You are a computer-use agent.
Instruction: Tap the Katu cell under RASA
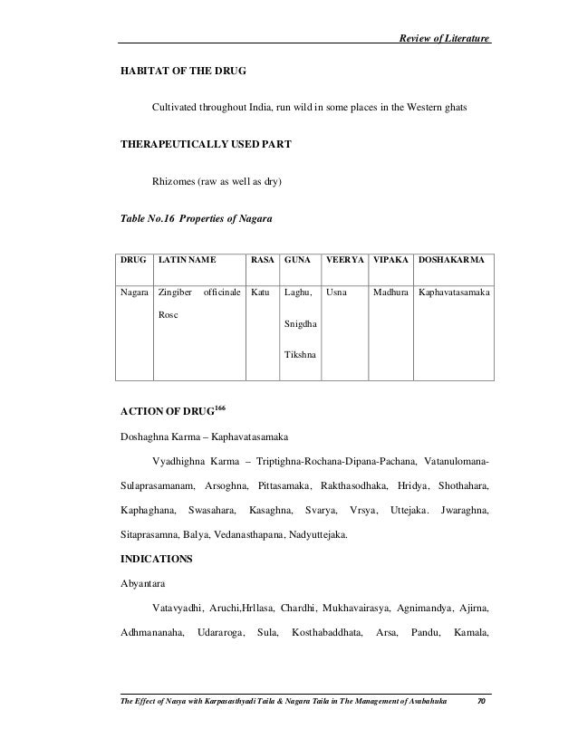[x=260, y=293]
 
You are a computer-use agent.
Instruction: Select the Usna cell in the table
[x=335, y=293]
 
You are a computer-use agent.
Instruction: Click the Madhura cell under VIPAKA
[x=390, y=293]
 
